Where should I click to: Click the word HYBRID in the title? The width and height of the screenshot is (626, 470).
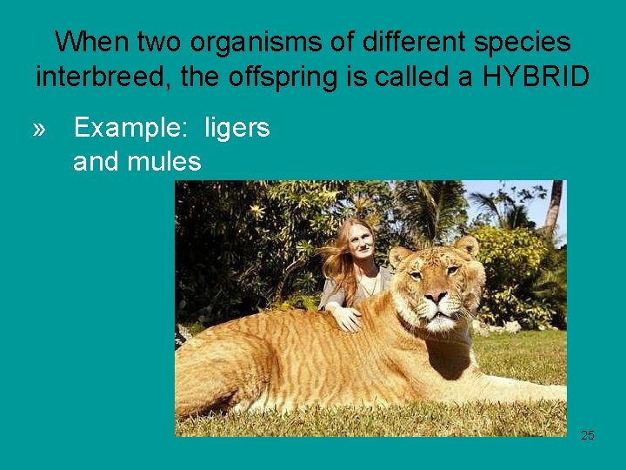pos(537,76)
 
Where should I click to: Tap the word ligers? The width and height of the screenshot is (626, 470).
pos(236,128)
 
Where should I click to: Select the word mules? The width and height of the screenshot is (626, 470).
pos(168,161)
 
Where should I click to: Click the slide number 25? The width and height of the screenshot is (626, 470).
pos(588,435)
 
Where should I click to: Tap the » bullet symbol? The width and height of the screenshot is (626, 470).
pos(39,129)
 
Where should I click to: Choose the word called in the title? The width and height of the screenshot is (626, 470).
pos(428,76)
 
